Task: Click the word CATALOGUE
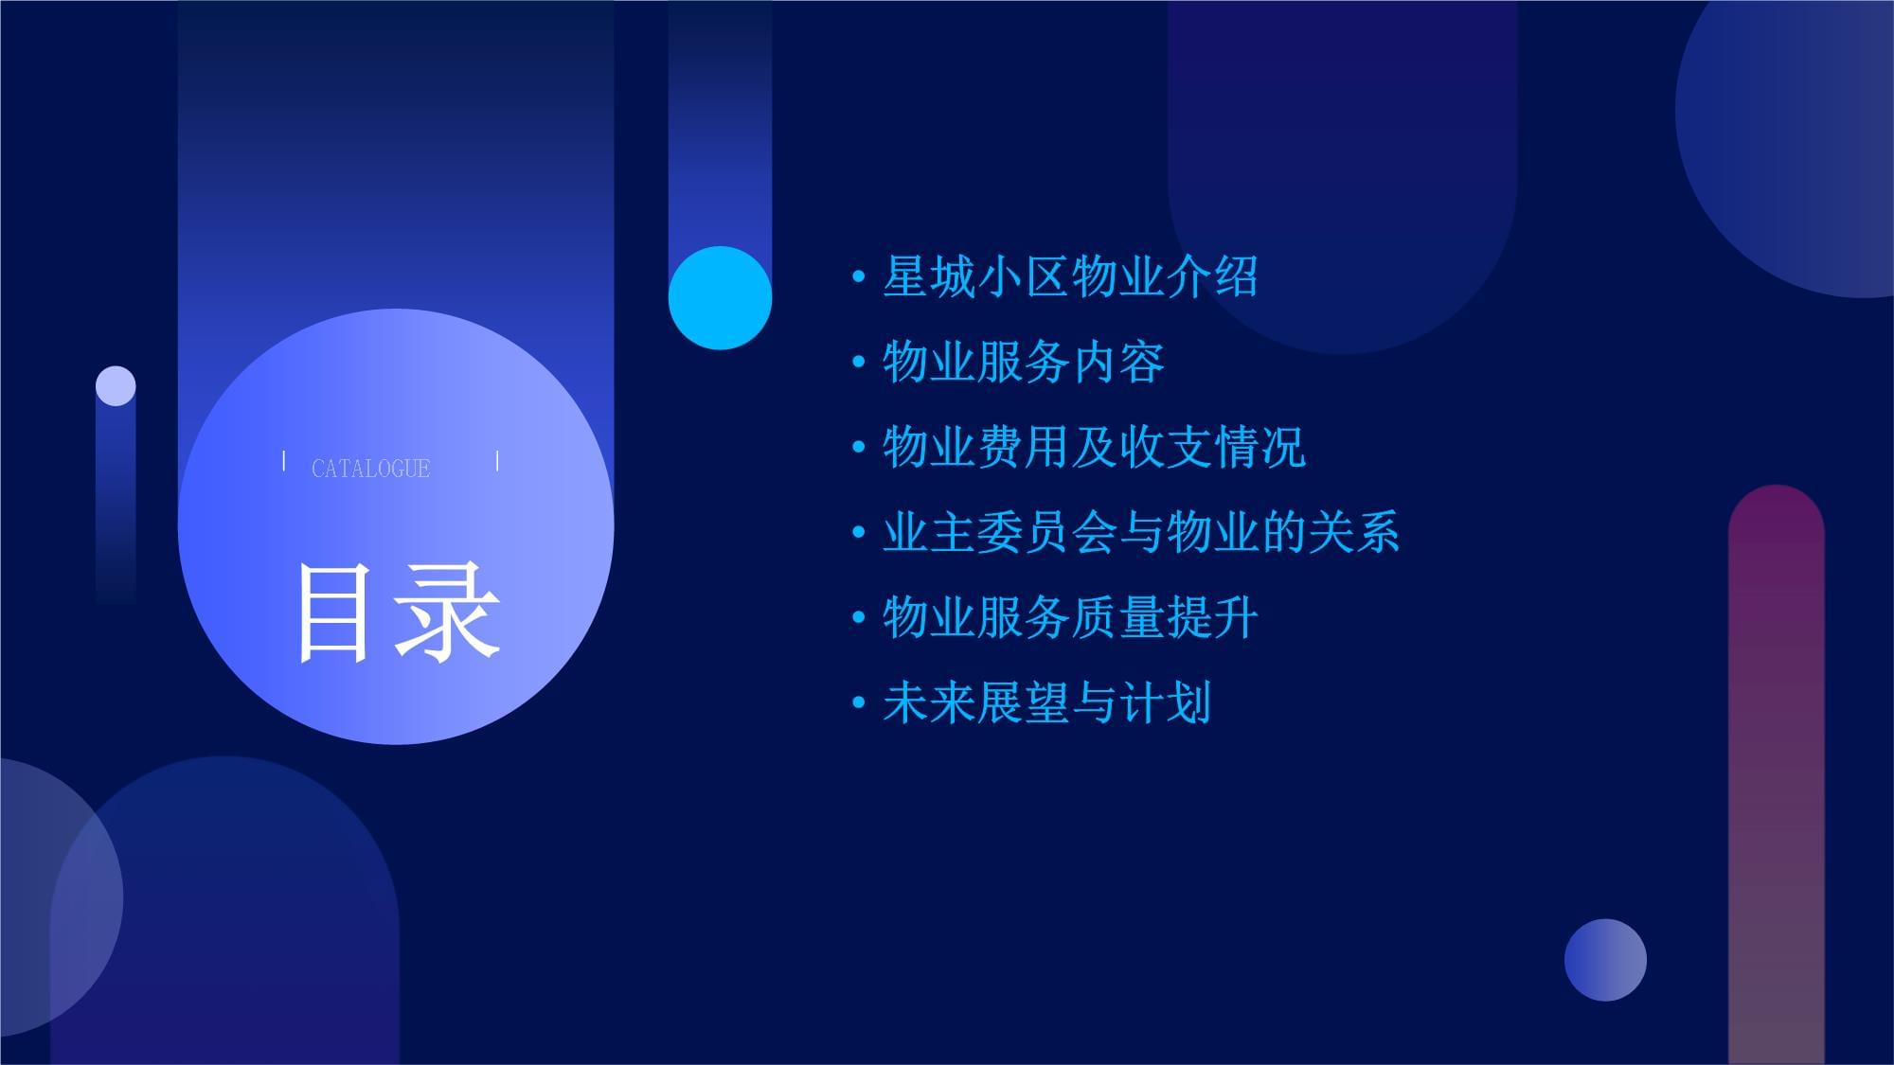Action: pyautogui.click(x=370, y=469)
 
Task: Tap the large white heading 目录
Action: pyautogui.click(x=398, y=612)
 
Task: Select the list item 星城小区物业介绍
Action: pyautogui.click(x=1070, y=277)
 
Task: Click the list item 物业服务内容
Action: pyautogui.click(x=1023, y=363)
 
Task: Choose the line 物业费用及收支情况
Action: pyautogui.click(x=1094, y=447)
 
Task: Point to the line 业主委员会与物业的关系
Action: pyautogui.click(x=1141, y=532)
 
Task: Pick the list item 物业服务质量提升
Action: pyautogui.click(x=1070, y=617)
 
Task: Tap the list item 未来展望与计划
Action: pyautogui.click(x=1046, y=702)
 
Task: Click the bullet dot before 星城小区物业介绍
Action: pyautogui.click(x=859, y=277)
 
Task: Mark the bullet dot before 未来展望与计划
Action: pyautogui.click(x=859, y=703)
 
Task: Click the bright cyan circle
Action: pyautogui.click(x=720, y=298)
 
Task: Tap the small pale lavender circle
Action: pyautogui.click(x=116, y=386)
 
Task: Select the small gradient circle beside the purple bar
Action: pyautogui.click(x=1605, y=960)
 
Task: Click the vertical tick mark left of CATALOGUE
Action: pyautogui.click(x=284, y=461)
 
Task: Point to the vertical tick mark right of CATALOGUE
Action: pyautogui.click(x=497, y=461)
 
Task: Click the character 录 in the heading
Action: pyautogui.click(x=449, y=612)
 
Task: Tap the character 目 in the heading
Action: pyautogui.click(x=332, y=613)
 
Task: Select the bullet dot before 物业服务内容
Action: pyautogui.click(x=859, y=363)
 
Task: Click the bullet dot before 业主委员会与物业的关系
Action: pyautogui.click(x=859, y=533)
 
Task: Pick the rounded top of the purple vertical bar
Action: pyautogui.click(x=1777, y=506)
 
